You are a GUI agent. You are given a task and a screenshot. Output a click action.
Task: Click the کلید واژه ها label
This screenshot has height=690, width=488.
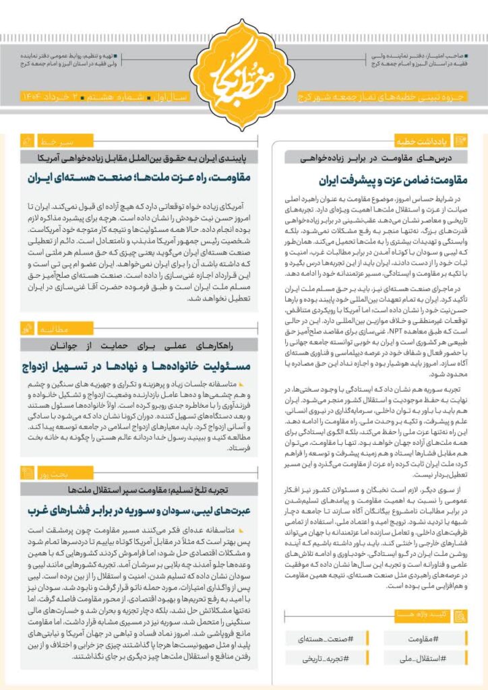(423, 615)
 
